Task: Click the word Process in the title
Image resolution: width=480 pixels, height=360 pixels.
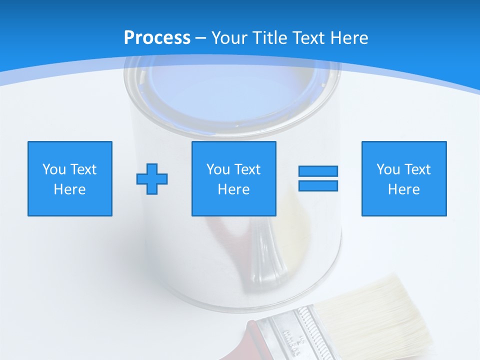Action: pos(157,38)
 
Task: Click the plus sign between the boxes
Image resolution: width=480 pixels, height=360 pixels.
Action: pos(152,178)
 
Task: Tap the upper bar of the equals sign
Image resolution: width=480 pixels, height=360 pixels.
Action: pos(318,171)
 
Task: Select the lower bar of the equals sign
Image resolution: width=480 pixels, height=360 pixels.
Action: pos(318,185)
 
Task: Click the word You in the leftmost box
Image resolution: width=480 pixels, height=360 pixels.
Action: pos(54,169)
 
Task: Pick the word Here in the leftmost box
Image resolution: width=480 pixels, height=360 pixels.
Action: pos(69,189)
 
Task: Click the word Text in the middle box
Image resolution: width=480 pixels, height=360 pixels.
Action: pos(247,169)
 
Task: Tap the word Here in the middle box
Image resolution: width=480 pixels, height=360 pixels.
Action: pos(233,189)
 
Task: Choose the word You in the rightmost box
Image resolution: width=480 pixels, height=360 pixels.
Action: pos(388,169)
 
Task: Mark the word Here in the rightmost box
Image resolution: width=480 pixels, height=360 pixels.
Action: pos(403,189)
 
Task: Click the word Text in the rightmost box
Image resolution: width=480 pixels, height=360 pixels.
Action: pos(417,169)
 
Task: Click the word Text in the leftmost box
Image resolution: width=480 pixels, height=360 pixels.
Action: pos(83,169)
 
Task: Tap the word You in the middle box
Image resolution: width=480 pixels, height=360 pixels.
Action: pos(218,169)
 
